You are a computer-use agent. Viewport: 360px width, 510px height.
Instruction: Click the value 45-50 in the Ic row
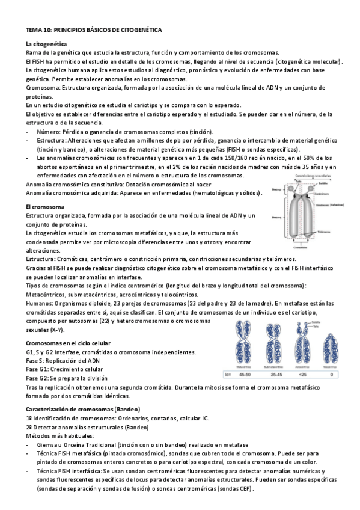tap(245, 373)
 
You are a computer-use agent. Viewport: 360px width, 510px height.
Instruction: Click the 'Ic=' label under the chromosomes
tap(227, 373)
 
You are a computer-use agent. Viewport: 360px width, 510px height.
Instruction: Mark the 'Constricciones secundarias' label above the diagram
tap(313, 176)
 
